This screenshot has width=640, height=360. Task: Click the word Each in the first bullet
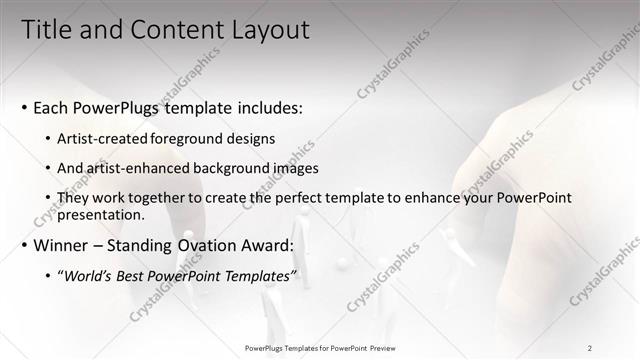(x=52, y=106)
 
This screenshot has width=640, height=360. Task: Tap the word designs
(x=249, y=138)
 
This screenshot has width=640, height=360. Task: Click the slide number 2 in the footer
(x=589, y=348)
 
